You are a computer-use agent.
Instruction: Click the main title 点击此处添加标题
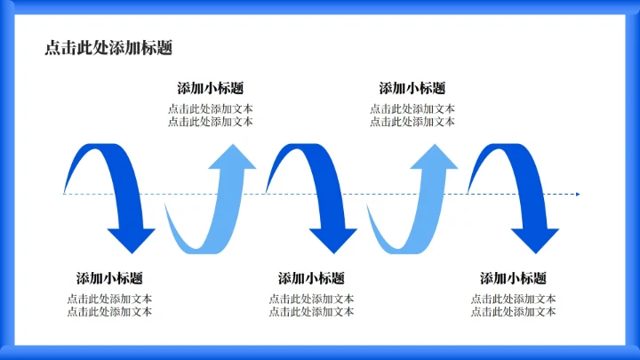(x=108, y=49)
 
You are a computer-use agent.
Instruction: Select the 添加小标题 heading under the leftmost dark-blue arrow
(x=109, y=278)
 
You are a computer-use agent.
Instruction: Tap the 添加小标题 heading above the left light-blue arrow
(x=211, y=88)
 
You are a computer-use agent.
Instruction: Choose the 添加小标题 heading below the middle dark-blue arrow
(x=311, y=278)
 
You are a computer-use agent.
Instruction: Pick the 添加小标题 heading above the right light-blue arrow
(x=412, y=88)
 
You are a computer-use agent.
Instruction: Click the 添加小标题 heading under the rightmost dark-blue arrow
(x=514, y=278)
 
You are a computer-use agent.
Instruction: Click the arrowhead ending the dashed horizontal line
(x=577, y=194)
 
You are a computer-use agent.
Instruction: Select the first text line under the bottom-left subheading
(x=109, y=300)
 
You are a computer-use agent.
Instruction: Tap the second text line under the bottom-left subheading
(x=109, y=312)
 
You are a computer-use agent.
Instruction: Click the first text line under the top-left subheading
(x=211, y=109)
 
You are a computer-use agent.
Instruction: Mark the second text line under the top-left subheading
(x=211, y=122)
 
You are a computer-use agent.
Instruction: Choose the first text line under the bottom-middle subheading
(x=311, y=300)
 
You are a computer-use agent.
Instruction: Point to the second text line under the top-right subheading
(x=412, y=122)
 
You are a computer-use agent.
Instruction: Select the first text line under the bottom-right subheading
(x=514, y=300)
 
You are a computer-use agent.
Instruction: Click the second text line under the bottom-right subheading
(x=514, y=312)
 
